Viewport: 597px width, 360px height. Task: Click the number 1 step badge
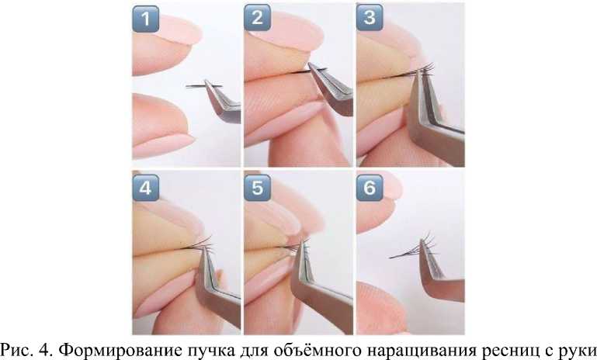pyautogui.click(x=145, y=19)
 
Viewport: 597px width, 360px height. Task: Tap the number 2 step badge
pyautogui.click(x=258, y=18)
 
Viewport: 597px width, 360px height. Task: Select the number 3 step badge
pyautogui.click(x=370, y=17)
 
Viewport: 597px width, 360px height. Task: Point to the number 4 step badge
pyautogui.click(x=145, y=188)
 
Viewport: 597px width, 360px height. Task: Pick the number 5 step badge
pyautogui.click(x=258, y=188)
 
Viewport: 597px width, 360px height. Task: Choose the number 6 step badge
pyautogui.click(x=370, y=187)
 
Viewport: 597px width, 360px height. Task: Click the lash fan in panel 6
pyautogui.click(x=415, y=248)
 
